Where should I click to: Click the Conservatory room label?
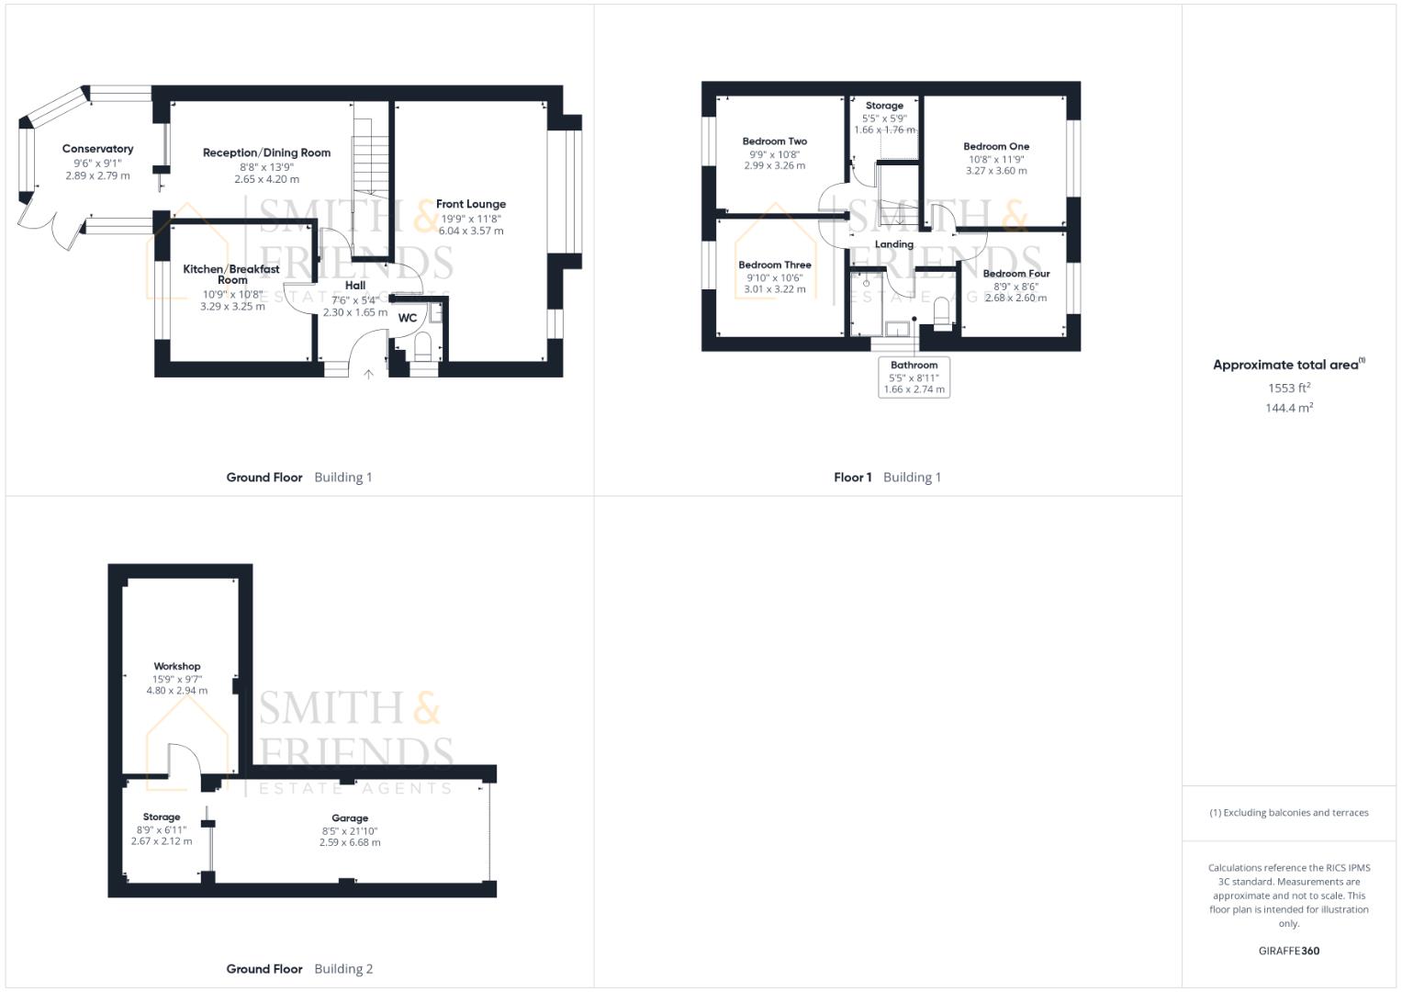pos(97,149)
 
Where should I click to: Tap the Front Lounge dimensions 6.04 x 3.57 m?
pos(471,231)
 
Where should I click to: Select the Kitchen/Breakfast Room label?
pos(231,274)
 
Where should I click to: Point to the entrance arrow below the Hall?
pos(368,374)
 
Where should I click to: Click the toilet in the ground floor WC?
pos(422,348)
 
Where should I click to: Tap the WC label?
pos(407,318)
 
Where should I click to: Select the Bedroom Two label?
pos(774,141)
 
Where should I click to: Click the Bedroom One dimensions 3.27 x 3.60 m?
pos(996,171)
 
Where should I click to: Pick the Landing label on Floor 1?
pos(893,244)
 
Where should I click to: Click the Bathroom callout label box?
pos(914,378)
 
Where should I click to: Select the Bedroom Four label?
pos(1015,274)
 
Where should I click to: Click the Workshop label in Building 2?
pos(176,667)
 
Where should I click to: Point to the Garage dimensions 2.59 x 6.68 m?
pos(350,842)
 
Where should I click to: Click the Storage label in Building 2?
pos(162,817)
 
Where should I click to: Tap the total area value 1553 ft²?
pos(1288,388)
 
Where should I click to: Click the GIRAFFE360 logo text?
pos(1288,951)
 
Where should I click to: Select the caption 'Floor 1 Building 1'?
pos(887,478)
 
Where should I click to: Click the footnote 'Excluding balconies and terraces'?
pos(1288,813)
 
